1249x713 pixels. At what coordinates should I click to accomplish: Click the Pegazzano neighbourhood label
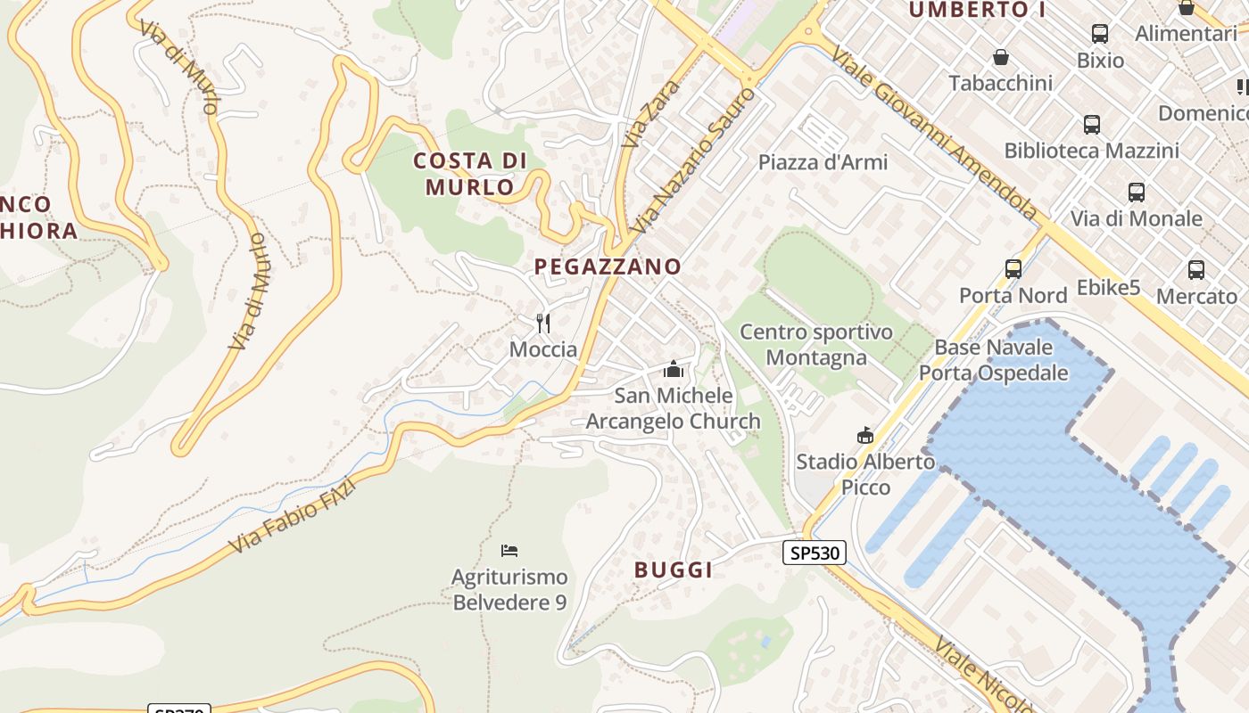608,266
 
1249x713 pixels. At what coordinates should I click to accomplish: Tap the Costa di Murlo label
470,174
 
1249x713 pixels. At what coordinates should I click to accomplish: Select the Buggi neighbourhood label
674,570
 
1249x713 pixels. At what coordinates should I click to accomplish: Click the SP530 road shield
814,553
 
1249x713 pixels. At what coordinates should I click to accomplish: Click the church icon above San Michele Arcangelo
674,369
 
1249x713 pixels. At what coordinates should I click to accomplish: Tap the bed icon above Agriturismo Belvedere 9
509,551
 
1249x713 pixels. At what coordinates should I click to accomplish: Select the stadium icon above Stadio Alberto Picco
864,435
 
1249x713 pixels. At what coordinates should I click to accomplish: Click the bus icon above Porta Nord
1013,268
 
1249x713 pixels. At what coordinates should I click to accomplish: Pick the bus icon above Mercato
1196,269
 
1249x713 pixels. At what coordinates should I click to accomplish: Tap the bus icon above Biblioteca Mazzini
1092,125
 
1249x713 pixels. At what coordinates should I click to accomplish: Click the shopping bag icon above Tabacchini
1001,58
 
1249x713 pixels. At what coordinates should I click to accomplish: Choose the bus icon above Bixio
1100,34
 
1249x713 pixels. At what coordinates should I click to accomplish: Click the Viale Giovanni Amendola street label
934,134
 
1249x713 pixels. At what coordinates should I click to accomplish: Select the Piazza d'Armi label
823,162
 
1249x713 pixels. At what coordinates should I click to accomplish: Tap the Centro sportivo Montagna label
816,345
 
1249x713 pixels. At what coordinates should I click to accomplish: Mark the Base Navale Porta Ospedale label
994,360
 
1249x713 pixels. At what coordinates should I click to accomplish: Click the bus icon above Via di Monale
1137,193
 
